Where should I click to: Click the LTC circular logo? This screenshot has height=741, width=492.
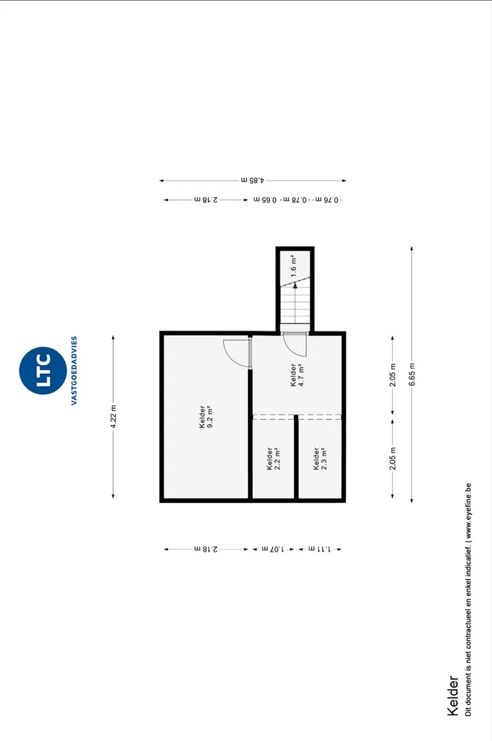pyautogui.click(x=43, y=370)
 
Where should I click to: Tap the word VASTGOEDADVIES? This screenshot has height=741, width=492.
pyautogui.click(x=74, y=370)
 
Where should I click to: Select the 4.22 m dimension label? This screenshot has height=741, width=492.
pyautogui.click(x=113, y=417)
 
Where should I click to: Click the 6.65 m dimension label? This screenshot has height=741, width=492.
pyautogui.click(x=413, y=375)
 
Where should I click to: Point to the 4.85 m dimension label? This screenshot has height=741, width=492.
pyautogui.click(x=253, y=180)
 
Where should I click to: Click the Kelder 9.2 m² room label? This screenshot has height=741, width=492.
pyautogui.click(x=206, y=417)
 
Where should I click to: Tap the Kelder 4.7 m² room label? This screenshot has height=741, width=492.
pyautogui.click(x=297, y=375)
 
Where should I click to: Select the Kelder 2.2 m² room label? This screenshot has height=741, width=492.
pyautogui.click(x=273, y=459)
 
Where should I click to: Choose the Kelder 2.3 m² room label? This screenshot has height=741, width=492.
pyautogui.click(x=320, y=459)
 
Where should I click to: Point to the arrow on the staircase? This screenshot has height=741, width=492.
pyautogui.click(x=295, y=303)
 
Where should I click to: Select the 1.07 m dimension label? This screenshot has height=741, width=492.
pyautogui.click(x=273, y=549)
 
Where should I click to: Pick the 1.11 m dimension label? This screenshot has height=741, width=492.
pyautogui.click(x=320, y=549)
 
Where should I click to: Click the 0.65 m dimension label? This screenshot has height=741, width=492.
pyautogui.click(x=265, y=200)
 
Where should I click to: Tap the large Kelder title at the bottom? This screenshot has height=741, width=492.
pyautogui.click(x=453, y=696)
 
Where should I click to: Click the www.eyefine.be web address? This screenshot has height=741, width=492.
pyautogui.click(x=468, y=511)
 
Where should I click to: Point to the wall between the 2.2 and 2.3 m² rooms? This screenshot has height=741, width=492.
pyautogui.click(x=297, y=456)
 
